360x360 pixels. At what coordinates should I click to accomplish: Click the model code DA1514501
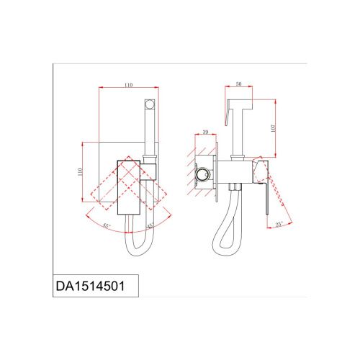point(90,286)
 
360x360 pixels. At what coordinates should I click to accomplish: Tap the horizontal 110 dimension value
point(128,85)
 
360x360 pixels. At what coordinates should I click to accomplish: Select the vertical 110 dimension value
point(80,171)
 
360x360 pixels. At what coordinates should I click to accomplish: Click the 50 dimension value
point(238,84)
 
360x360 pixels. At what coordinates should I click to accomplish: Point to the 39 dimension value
point(205,132)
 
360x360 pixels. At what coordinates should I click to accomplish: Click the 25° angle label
point(279,225)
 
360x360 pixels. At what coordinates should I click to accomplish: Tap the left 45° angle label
point(107,225)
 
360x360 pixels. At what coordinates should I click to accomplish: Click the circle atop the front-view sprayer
point(149,104)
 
